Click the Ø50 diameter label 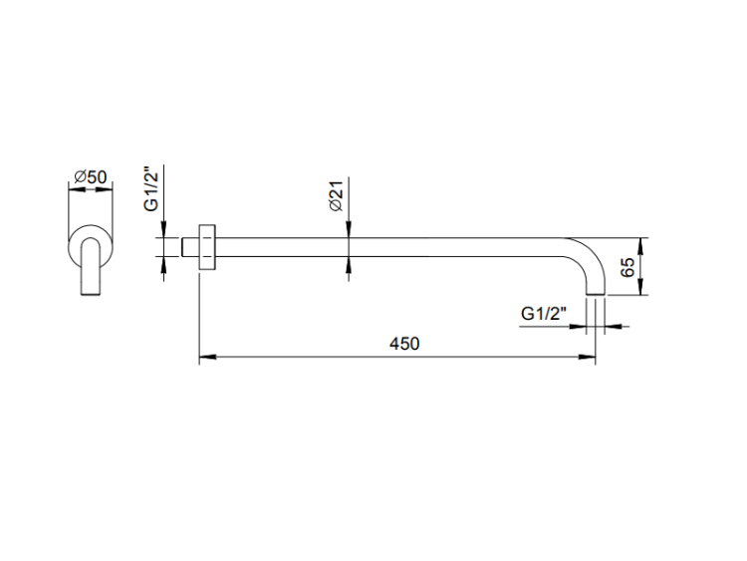91,177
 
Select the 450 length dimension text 404,344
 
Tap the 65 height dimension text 628,267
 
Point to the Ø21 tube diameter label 336,196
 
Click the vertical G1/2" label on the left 151,188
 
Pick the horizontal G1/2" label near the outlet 544,314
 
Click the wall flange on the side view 207,247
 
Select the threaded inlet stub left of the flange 189,247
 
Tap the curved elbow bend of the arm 590,252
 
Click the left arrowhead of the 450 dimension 208,357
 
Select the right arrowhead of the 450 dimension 587,357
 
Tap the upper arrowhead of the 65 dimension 640,246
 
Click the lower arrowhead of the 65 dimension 640,286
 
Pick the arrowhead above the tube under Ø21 349,229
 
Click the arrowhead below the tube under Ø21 349,265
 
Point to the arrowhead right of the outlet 615,327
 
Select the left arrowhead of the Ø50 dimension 77,189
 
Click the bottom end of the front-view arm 91,296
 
